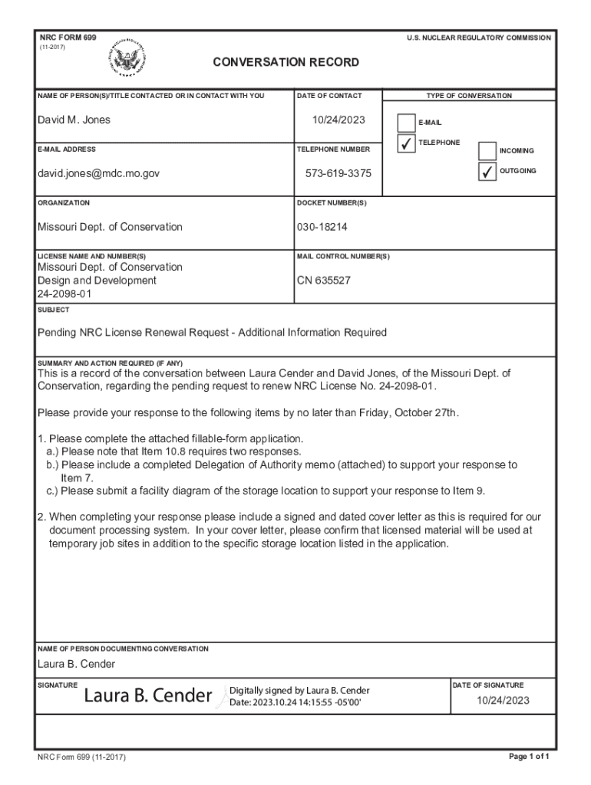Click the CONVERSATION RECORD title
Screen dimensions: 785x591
tap(286, 62)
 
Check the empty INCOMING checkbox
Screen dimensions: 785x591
tap(487, 151)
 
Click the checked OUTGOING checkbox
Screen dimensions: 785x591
tap(487, 172)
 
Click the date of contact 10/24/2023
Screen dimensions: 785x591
tap(338, 120)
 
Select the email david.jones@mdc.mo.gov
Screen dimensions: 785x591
tap(99, 174)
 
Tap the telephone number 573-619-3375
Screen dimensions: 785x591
tap(338, 174)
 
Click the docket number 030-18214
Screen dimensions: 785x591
tap(322, 227)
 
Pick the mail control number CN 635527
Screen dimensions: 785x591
tap(324, 281)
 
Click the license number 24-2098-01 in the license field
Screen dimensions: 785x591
tap(64, 294)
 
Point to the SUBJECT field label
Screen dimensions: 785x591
tap(54, 310)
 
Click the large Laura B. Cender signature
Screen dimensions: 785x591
tap(147, 696)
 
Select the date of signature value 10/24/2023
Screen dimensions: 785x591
tap(504, 700)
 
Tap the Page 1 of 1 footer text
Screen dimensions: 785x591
tap(530, 757)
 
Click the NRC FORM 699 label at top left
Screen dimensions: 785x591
tap(68, 38)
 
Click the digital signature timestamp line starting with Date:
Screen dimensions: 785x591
tap(295, 702)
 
